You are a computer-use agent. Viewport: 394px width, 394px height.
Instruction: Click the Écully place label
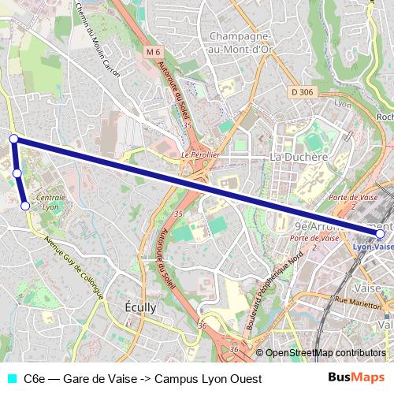pyautogui.click(x=142, y=307)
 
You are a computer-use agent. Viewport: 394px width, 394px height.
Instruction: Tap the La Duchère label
pyautogui.click(x=299, y=157)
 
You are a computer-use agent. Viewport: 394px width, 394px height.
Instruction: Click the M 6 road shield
pyautogui.click(x=153, y=52)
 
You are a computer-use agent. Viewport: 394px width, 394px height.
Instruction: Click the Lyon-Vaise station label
pyautogui.click(x=372, y=246)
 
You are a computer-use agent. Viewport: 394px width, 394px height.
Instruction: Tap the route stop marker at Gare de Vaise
pyautogui.click(x=381, y=234)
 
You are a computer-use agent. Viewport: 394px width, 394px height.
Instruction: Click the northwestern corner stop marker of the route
pyautogui.click(x=13, y=139)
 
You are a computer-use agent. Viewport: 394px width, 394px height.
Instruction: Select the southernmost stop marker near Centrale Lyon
pyautogui.click(x=25, y=206)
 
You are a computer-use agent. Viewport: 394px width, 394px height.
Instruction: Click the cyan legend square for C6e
pyautogui.click(x=10, y=378)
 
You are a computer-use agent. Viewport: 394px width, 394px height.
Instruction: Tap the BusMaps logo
pyautogui.click(x=357, y=377)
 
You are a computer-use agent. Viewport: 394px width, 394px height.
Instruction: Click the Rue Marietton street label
pyautogui.click(x=359, y=300)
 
